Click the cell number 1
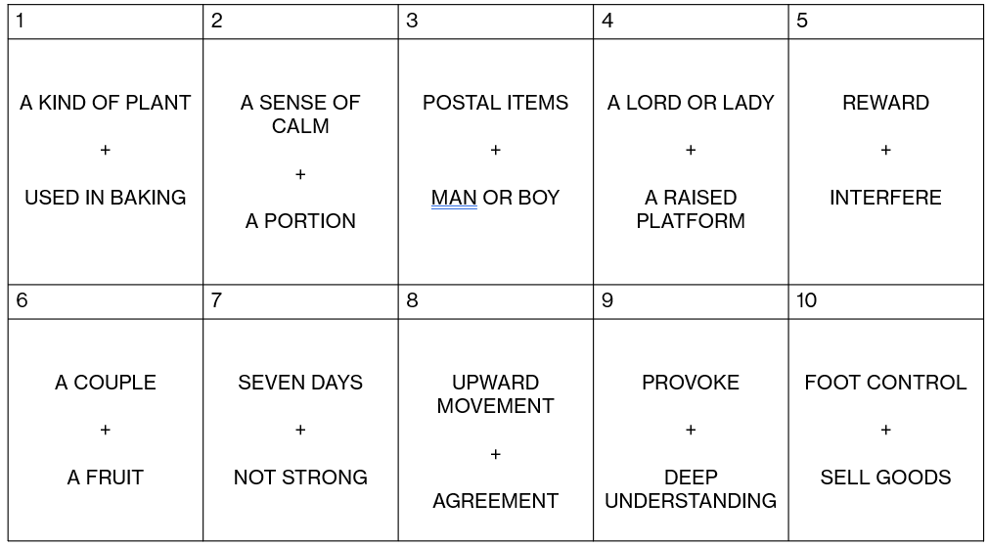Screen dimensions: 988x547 21,22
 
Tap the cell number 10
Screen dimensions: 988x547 806,300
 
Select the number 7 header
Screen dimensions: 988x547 217,300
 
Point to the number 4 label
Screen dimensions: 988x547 607,22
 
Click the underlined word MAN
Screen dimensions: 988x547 454,198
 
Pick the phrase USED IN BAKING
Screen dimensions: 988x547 106,198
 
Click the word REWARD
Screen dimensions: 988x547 885,103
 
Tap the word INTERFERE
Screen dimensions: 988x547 885,198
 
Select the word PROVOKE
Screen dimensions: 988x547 691,383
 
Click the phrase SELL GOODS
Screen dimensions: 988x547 885,478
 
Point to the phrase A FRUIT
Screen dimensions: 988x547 106,478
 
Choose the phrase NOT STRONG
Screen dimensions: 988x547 300,478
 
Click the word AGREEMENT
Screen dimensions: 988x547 495,501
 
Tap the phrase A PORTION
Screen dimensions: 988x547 300,221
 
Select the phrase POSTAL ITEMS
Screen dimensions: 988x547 495,103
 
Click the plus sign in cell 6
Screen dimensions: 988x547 106,430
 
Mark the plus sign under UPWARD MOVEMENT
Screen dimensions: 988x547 495,454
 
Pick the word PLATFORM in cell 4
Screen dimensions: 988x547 691,221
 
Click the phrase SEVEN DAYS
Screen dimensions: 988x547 300,383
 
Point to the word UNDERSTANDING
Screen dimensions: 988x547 691,501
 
